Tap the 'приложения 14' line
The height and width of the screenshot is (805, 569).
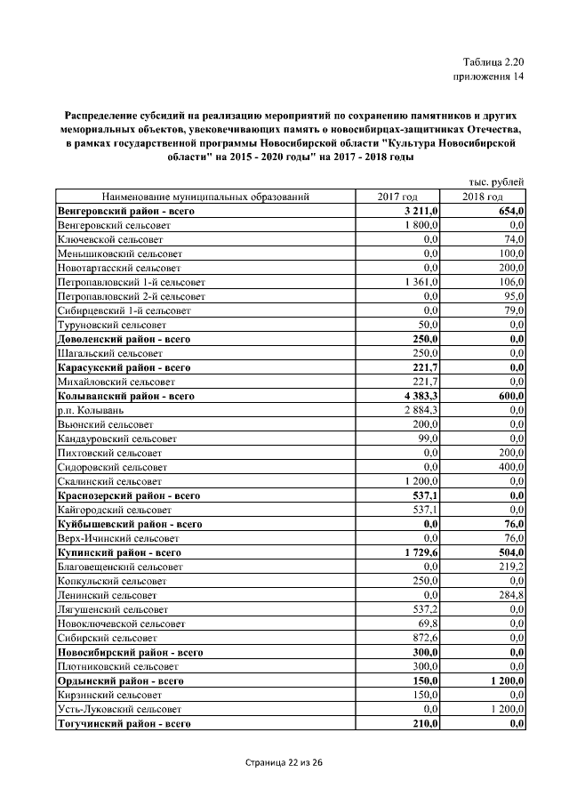point(488,77)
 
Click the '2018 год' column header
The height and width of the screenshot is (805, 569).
point(483,197)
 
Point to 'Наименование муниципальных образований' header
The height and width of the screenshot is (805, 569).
point(205,197)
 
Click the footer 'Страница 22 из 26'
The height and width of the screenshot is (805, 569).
point(284,763)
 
